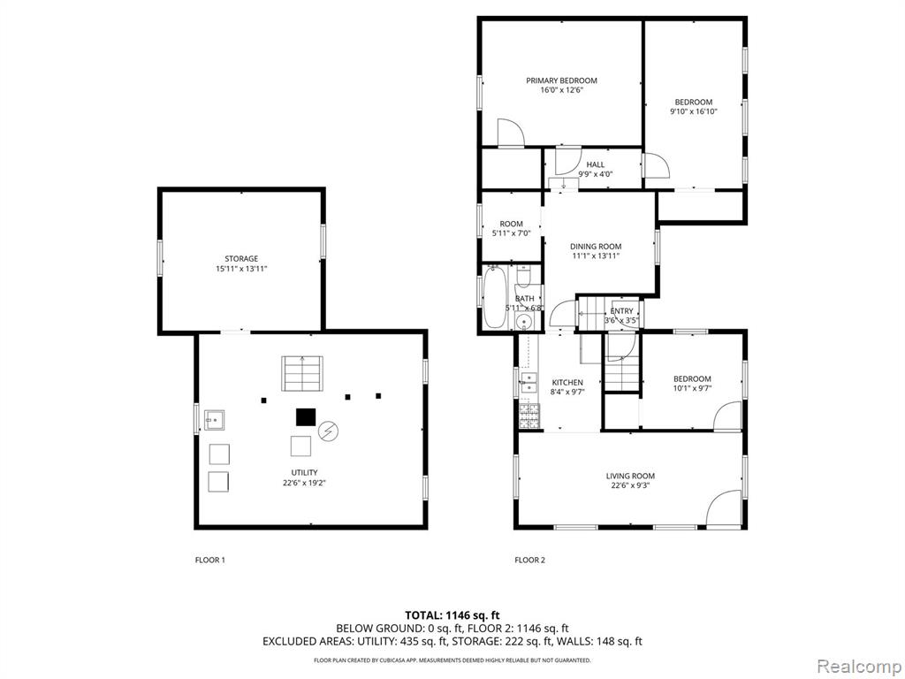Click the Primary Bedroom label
click(561, 80)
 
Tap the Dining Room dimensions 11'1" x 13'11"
click(596, 256)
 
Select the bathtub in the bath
click(495, 297)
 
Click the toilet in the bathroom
click(523, 277)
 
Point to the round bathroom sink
click(525, 322)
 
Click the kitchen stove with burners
click(529, 416)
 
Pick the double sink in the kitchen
click(529, 383)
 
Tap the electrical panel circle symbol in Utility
click(329, 431)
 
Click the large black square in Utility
click(306, 417)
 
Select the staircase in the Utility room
click(302, 374)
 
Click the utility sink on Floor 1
click(214, 420)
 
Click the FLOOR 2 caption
click(530, 560)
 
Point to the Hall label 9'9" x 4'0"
click(595, 169)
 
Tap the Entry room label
click(621, 311)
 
